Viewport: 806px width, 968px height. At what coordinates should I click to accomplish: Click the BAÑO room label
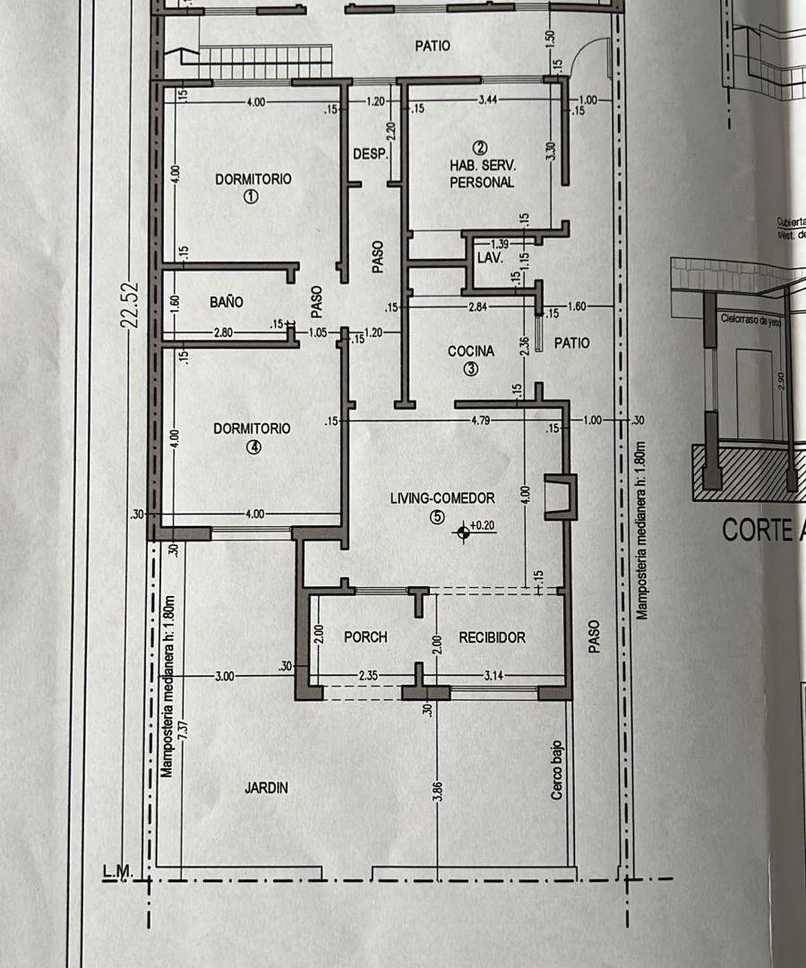[227, 303]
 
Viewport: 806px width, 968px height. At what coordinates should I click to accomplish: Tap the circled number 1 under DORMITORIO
[252, 196]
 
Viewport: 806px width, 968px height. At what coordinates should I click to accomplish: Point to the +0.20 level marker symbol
[463, 533]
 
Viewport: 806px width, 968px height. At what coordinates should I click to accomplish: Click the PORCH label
[365, 637]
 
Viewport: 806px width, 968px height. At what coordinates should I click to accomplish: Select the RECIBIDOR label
[492, 637]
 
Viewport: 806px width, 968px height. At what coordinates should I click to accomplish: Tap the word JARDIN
[266, 788]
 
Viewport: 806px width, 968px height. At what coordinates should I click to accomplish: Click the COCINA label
[471, 351]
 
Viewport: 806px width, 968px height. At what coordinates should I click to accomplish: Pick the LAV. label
[488, 258]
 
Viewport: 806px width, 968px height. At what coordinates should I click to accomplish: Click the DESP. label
[369, 154]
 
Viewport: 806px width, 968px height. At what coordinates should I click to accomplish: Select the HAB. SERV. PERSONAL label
[482, 174]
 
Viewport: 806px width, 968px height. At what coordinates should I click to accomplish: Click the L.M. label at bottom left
[117, 870]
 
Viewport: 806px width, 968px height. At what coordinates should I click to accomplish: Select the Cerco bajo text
[556, 770]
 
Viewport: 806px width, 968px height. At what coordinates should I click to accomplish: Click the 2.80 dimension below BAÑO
[224, 333]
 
